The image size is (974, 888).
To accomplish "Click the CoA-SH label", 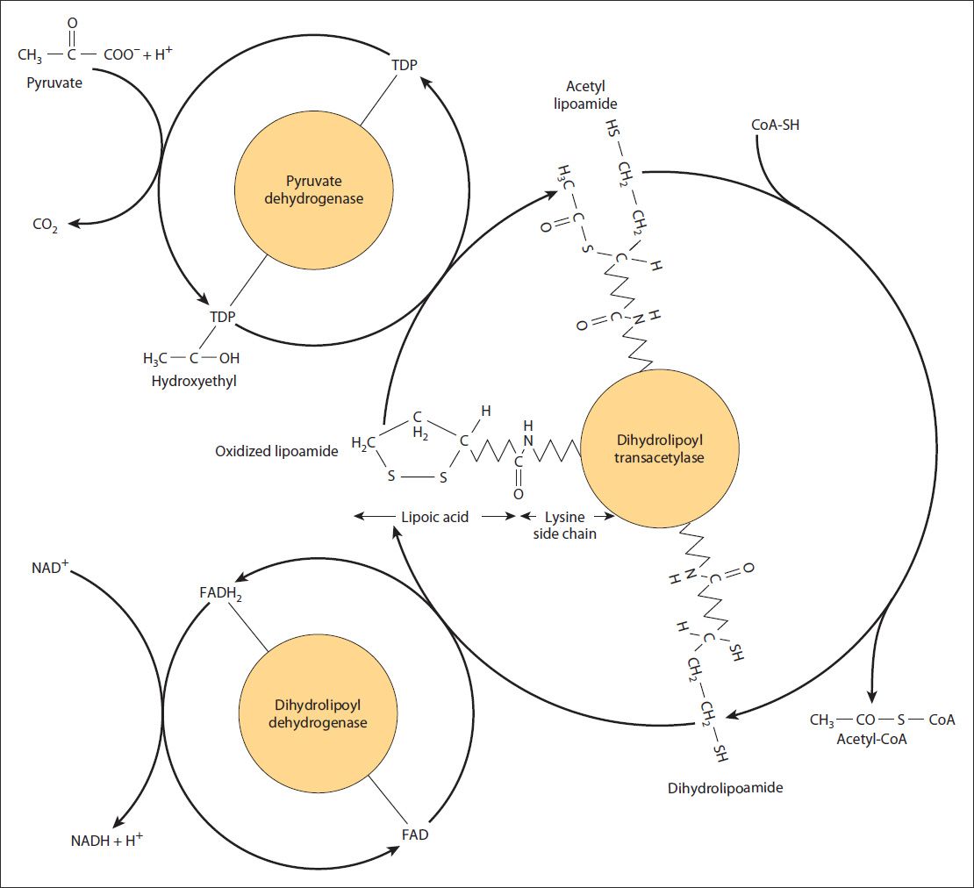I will coord(776,125).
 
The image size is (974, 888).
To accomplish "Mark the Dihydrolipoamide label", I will coord(725,787).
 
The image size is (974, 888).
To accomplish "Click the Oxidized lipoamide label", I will coord(276,452).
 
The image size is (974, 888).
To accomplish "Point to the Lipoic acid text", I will coord(434,517).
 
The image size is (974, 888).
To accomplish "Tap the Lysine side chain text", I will coord(565,525).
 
